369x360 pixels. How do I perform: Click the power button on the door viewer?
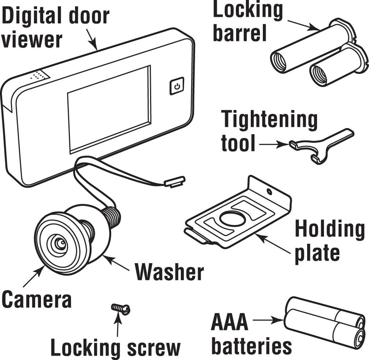(177, 86)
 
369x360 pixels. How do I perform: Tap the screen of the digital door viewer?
(109, 109)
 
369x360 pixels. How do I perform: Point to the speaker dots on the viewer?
(39, 76)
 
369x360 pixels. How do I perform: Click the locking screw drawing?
(120, 308)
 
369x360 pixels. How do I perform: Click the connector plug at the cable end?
(175, 181)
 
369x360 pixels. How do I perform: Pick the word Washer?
(169, 273)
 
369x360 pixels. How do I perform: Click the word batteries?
(251, 345)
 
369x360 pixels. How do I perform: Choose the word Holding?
(329, 229)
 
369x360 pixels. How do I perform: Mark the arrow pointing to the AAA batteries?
(269, 321)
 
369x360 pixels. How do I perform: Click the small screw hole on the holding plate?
(269, 191)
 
